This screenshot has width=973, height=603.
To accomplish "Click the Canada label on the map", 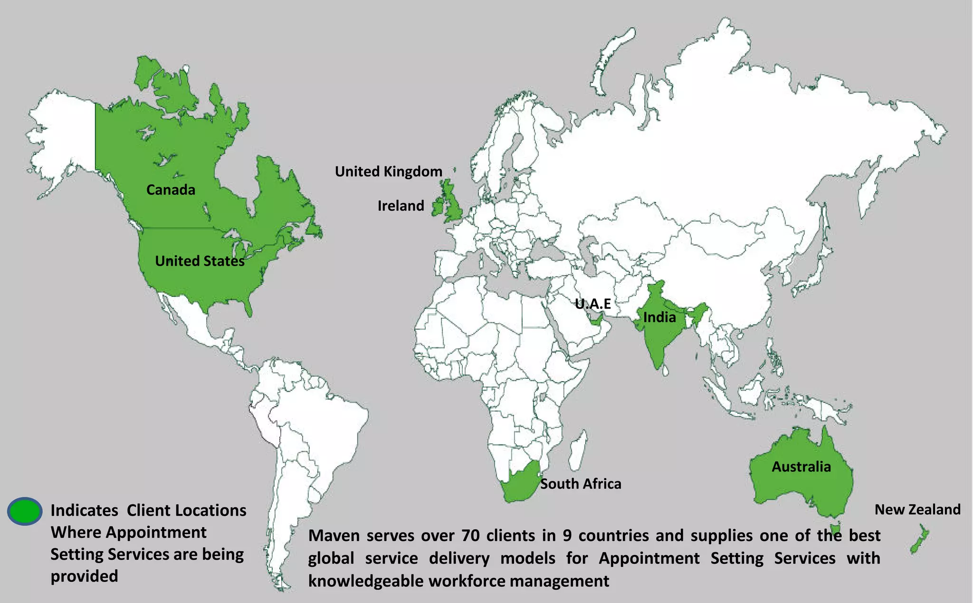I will pos(171,190).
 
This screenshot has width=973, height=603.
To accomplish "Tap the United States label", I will pos(200,261).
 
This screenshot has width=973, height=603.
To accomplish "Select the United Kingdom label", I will pos(388,172).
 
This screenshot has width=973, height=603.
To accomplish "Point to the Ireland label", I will pos(401,206).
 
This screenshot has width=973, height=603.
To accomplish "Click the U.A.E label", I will pos(592,304).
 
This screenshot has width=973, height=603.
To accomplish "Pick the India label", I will pos(659,317).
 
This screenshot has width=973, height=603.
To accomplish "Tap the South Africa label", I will pos(581,484).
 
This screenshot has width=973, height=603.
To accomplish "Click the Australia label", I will pos(801,467).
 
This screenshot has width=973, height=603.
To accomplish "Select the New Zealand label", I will pos(917,509).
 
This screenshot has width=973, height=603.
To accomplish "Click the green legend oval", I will pos(25,511).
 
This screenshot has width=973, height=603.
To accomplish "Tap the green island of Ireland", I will pos(438,208).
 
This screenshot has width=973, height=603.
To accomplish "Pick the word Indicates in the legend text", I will pos(84,510).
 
